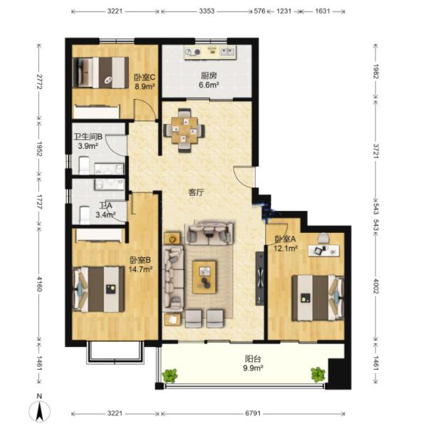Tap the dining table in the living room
(x=184, y=130)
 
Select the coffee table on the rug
(x=204, y=277)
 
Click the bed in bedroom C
(x=101, y=73)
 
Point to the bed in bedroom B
(x=99, y=289)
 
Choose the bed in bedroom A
(x=317, y=298)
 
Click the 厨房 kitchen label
(x=209, y=76)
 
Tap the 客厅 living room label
(x=196, y=192)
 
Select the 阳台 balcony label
(x=253, y=359)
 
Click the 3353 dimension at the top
(x=207, y=11)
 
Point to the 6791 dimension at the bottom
(x=253, y=413)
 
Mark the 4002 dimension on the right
(x=376, y=286)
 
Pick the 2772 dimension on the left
(x=39, y=82)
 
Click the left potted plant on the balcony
(x=170, y=375)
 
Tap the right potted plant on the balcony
(x=318, y=375)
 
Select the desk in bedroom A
(x=324, y=250)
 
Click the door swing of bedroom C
(x=144, y=110)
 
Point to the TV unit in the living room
(x=260, y=279)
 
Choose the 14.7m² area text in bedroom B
(x=141, y=269)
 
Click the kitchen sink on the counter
(x=228, y=52)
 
